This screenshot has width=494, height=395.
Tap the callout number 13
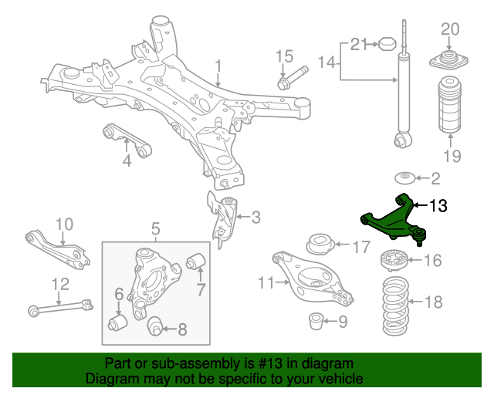tap(438, 206)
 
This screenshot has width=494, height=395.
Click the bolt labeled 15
tap(291, 78)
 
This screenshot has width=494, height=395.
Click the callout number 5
tap(155, 228)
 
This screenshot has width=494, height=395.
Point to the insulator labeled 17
tap(320, 245)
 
